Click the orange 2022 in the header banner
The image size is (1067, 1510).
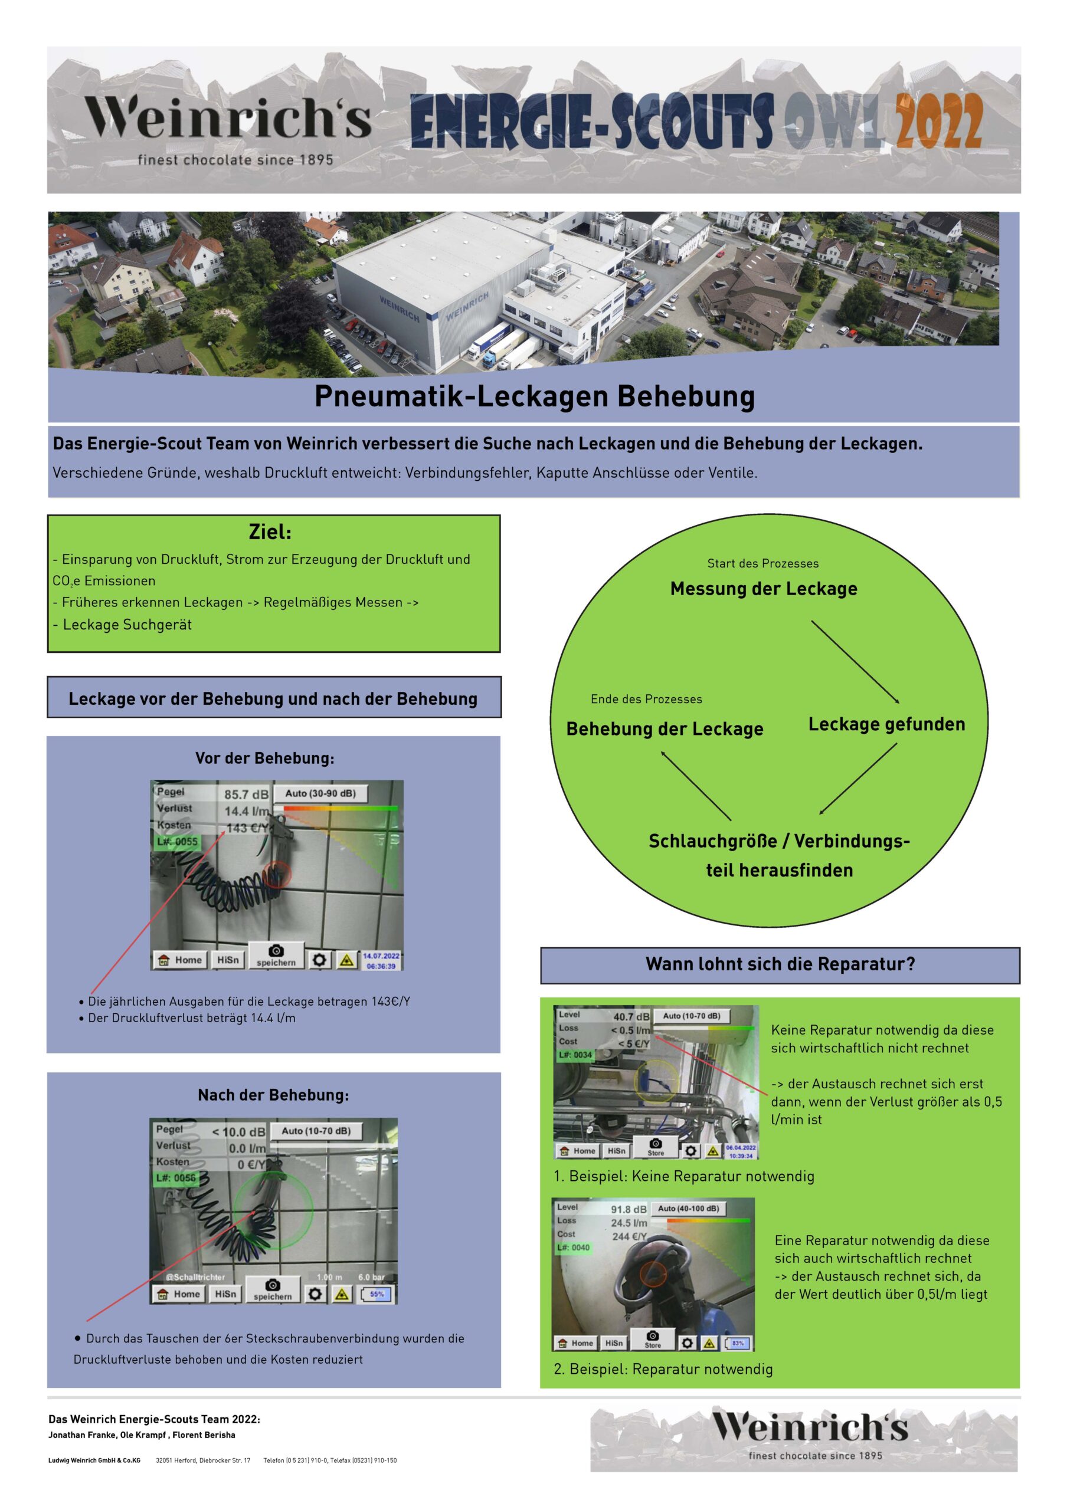pyautogui.click(x=939, y=122)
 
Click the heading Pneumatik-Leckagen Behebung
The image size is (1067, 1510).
pyautogui.click(x=534, y=396)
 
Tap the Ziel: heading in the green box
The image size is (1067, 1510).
pyautogui.click(x=270, y=531)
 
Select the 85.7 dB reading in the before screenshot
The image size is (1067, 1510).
pyautogui.click(x=246, y=795)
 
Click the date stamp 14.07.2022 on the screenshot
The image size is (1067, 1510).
pyautogui.click(x=382, y=956)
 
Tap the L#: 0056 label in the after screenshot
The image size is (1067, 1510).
pyautogui.click(x=176, y=1177)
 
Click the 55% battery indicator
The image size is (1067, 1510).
pyautogui.click(x=377, y=1294)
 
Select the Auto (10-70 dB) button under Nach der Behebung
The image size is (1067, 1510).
pyautogui.click(x=316, y=1131)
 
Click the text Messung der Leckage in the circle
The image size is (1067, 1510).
pyautogui.click(x=763, y=589)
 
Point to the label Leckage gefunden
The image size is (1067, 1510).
pyautogui.click(x=886, y=724)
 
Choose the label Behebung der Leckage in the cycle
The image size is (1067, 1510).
pyautogui.click(x=665, y=728)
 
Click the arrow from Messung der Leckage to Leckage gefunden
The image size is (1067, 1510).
pyautogui.click(x=855, y=662)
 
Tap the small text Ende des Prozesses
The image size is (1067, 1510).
pyautogui.click(x=646, y=699)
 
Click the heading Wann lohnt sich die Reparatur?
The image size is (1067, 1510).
pyautogui.click(x=780, y=964)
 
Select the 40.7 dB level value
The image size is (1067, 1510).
pyautogui.click(x=631, y=1017)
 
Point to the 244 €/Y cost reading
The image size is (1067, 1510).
pyautogui.click(x=630, y=1236)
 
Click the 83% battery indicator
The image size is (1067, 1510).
pyautogui.click(x=738, y=1343)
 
